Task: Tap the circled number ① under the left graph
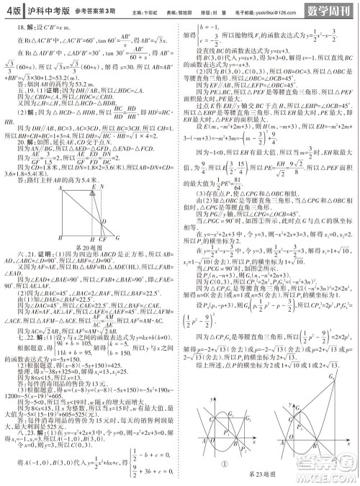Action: (225, 464)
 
